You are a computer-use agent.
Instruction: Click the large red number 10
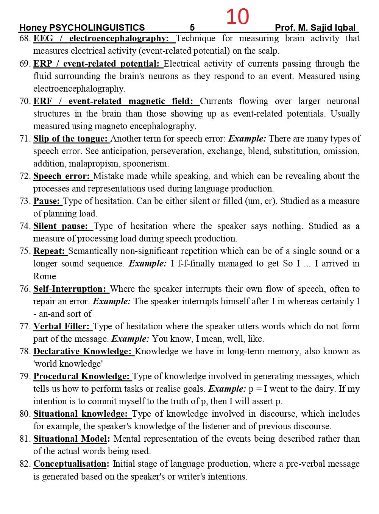(x=237, y=17)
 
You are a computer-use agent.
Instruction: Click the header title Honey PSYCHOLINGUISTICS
(x=82, y=28)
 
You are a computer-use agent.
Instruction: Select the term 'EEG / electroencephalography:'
(x=101, y=39)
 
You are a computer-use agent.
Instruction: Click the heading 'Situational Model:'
(x=72, y=439)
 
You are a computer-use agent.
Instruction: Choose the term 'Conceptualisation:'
(x=71, y=464)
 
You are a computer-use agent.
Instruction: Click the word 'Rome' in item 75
(x=45, y=276)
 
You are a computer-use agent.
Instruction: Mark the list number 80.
(x=25, y=414)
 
